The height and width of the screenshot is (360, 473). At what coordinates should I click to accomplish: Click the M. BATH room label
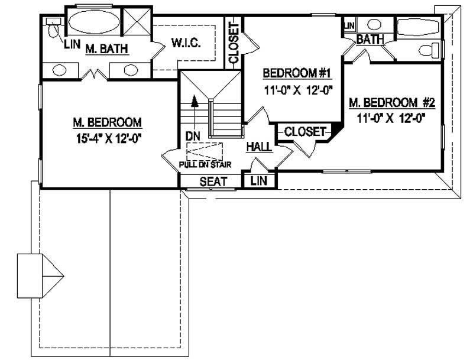(107, 49)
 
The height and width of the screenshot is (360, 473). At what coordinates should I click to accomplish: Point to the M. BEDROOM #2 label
(391, 103)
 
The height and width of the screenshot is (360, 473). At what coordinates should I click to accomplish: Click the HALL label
(259, 146)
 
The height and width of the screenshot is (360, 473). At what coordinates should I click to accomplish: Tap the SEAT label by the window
(213, 181)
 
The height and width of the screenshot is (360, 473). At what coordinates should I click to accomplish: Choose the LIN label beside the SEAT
(259, 181)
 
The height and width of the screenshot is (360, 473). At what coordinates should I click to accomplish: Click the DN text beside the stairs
(193, 136)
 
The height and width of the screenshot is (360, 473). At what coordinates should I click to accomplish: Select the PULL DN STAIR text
(205, 164)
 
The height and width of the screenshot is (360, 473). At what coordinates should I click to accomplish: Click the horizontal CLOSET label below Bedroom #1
(304, 132)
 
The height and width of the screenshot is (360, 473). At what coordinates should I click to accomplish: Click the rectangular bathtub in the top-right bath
(418, 27)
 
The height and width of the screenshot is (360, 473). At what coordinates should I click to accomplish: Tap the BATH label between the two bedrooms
(370, 40)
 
